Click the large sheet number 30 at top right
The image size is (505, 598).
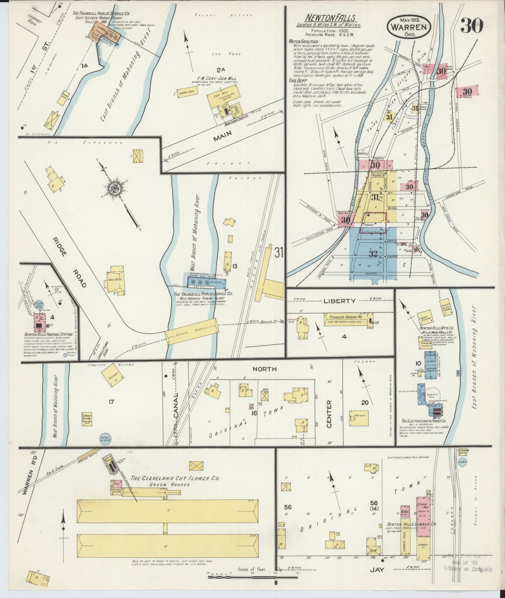(x=471, y=26)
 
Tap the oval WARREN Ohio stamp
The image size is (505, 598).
(x=408, y=27)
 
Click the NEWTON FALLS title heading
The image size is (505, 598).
(x=331, y=18)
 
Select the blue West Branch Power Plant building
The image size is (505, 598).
(x=207, y=282)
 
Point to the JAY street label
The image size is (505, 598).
(x=377, y=579)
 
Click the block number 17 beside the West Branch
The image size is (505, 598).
(x=111, y=402)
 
